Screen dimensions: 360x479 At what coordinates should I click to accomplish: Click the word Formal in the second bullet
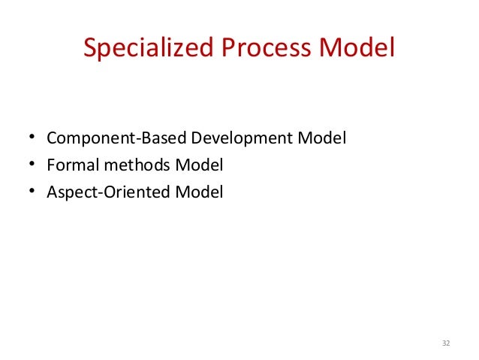(68, 165)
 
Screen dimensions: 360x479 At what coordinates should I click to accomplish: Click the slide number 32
(446, 343)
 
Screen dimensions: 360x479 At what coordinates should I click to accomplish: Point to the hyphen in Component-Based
(122, 140)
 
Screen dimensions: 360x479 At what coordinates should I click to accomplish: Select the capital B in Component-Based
(130, 139)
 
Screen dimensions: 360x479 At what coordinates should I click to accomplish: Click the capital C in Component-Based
(52, 139)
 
